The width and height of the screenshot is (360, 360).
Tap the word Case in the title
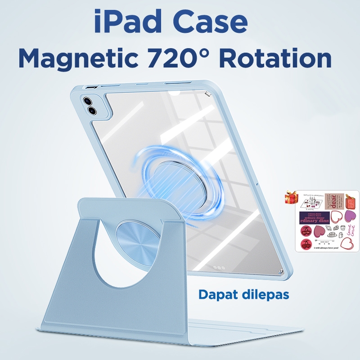point(209,24)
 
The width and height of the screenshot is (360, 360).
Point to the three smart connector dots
point(219,267)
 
